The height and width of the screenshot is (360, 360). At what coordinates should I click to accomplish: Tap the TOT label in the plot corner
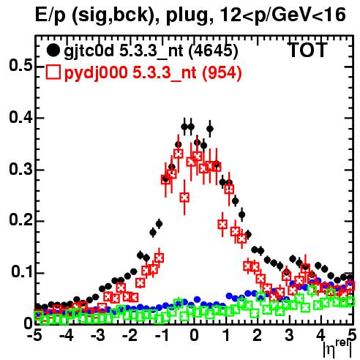(307, 50)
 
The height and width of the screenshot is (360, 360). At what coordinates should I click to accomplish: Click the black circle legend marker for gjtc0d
(53, 50)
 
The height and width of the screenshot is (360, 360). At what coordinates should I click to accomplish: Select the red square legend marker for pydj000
(53, 72)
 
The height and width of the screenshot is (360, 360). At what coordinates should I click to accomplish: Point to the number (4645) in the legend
(214, 51)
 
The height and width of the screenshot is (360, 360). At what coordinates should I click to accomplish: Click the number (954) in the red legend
(222, 72)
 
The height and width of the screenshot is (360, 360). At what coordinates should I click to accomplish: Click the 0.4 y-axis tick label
(20, 117)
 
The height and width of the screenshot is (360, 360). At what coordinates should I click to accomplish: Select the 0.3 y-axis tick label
(20, 169)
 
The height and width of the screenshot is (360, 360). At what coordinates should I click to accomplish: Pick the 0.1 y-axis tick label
(22, 271)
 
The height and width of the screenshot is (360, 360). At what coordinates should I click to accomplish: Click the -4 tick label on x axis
(66, 335)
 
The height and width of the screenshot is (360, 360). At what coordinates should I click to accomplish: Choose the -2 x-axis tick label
(130, 335)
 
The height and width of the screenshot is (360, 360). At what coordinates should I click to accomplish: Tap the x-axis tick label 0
(194, 335)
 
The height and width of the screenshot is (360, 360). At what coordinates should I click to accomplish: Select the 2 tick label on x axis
(258, 335)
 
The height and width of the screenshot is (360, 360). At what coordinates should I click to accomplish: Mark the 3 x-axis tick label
(289, 335)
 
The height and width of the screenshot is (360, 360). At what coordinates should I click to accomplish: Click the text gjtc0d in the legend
(89, 51)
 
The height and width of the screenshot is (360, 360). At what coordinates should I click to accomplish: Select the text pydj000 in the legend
(96, 72)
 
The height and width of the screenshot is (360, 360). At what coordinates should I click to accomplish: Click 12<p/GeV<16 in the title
(282, 15)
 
